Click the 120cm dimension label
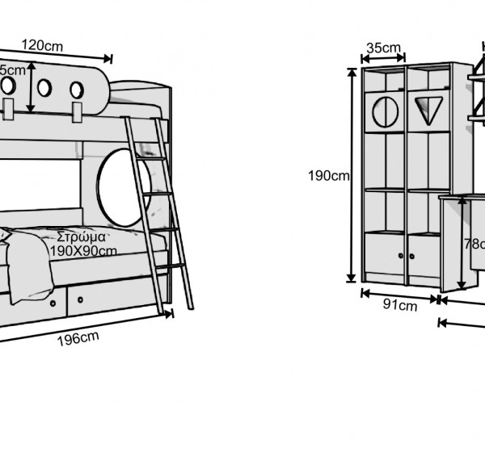point(42,44)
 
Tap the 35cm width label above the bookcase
point(383,48)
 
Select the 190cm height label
point(328,176)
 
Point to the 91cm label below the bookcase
point(399,305)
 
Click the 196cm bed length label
point(78,338)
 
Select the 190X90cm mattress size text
point(83,251)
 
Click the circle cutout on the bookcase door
point(385,111)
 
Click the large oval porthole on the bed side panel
point(121,188)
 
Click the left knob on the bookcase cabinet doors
point(401,257)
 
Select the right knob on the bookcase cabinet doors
point(412,257)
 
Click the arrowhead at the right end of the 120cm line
point(110,58)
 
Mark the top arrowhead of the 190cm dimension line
point(352,71)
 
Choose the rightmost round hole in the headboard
point(77,90)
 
